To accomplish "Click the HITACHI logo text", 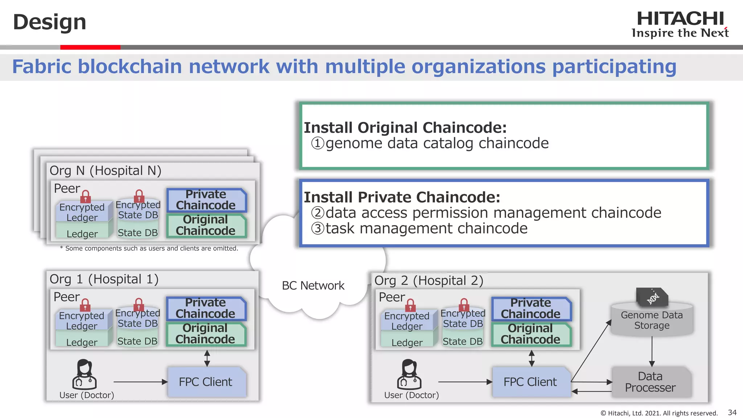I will pyautogui.click(x=680, y=19).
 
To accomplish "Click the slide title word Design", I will pyautogui.click(x=49, y=22).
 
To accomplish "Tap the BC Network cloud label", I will pyautogui.click(x=313, y=286).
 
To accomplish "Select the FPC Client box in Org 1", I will pyautogui.click(x=206, y=382).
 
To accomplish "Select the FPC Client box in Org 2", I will pyautogui.click(x=530, y=382).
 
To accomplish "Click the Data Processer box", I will pyautogui.click(x=650, y=382).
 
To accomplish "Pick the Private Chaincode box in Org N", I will pyautogui.click(x=206, y=200).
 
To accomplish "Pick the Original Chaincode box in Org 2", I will pyautogui.click(x=531, y=334).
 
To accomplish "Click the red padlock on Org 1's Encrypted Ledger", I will pyautogui.click(x=85, y=305).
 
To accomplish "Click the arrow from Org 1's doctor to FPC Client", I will pyautogui.click(x=140, y=382).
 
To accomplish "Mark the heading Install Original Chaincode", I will pyautogui.click(x=405, y=128).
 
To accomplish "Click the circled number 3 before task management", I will pyautogui.click(x=317, y=229).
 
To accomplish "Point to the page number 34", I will pyautogui.click(x=732, y=413).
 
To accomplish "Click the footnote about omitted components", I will pyautogui.click(x=149, y=249).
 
